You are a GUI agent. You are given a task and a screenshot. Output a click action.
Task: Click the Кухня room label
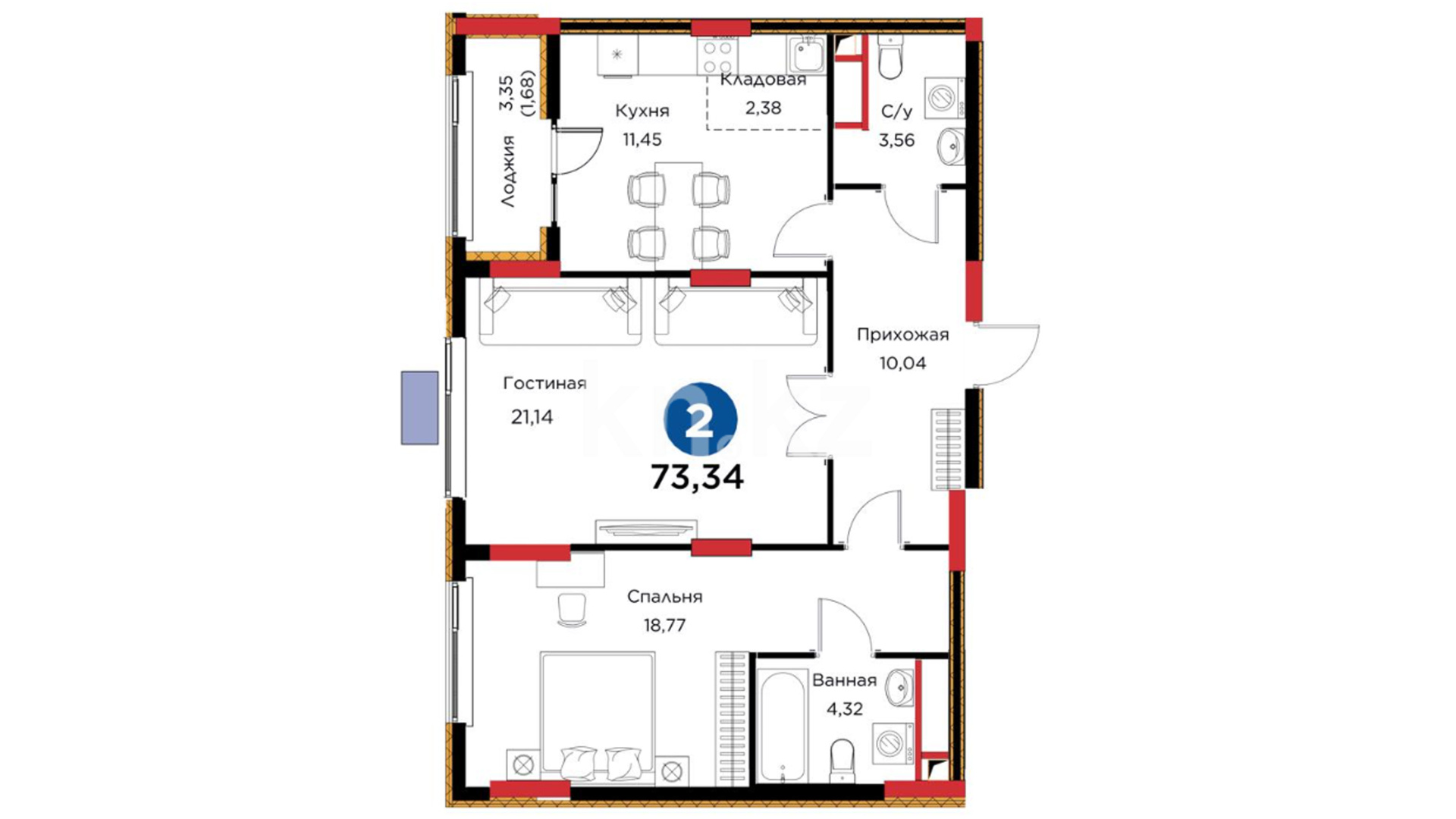[642, 111]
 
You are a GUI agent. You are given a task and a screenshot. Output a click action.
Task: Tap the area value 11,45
[642, 140]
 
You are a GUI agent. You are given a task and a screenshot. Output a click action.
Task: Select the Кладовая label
[763, 80]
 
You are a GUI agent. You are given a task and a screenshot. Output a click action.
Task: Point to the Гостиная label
[544, 384]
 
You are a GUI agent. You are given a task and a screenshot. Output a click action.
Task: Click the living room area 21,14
[532, 416]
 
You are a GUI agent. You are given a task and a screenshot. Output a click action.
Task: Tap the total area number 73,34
[698, 478]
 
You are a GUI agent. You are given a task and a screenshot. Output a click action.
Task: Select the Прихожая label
[902, 334]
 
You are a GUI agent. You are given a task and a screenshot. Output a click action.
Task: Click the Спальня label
[664, 598]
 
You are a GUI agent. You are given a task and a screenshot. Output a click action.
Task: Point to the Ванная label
[844, 680]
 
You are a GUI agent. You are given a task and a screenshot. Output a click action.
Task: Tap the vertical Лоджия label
[507, 171]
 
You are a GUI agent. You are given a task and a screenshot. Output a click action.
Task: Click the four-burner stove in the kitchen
[717, 56]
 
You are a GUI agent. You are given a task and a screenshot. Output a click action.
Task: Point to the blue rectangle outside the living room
[419, 407]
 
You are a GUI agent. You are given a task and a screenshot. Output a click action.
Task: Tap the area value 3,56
[896, 140]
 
